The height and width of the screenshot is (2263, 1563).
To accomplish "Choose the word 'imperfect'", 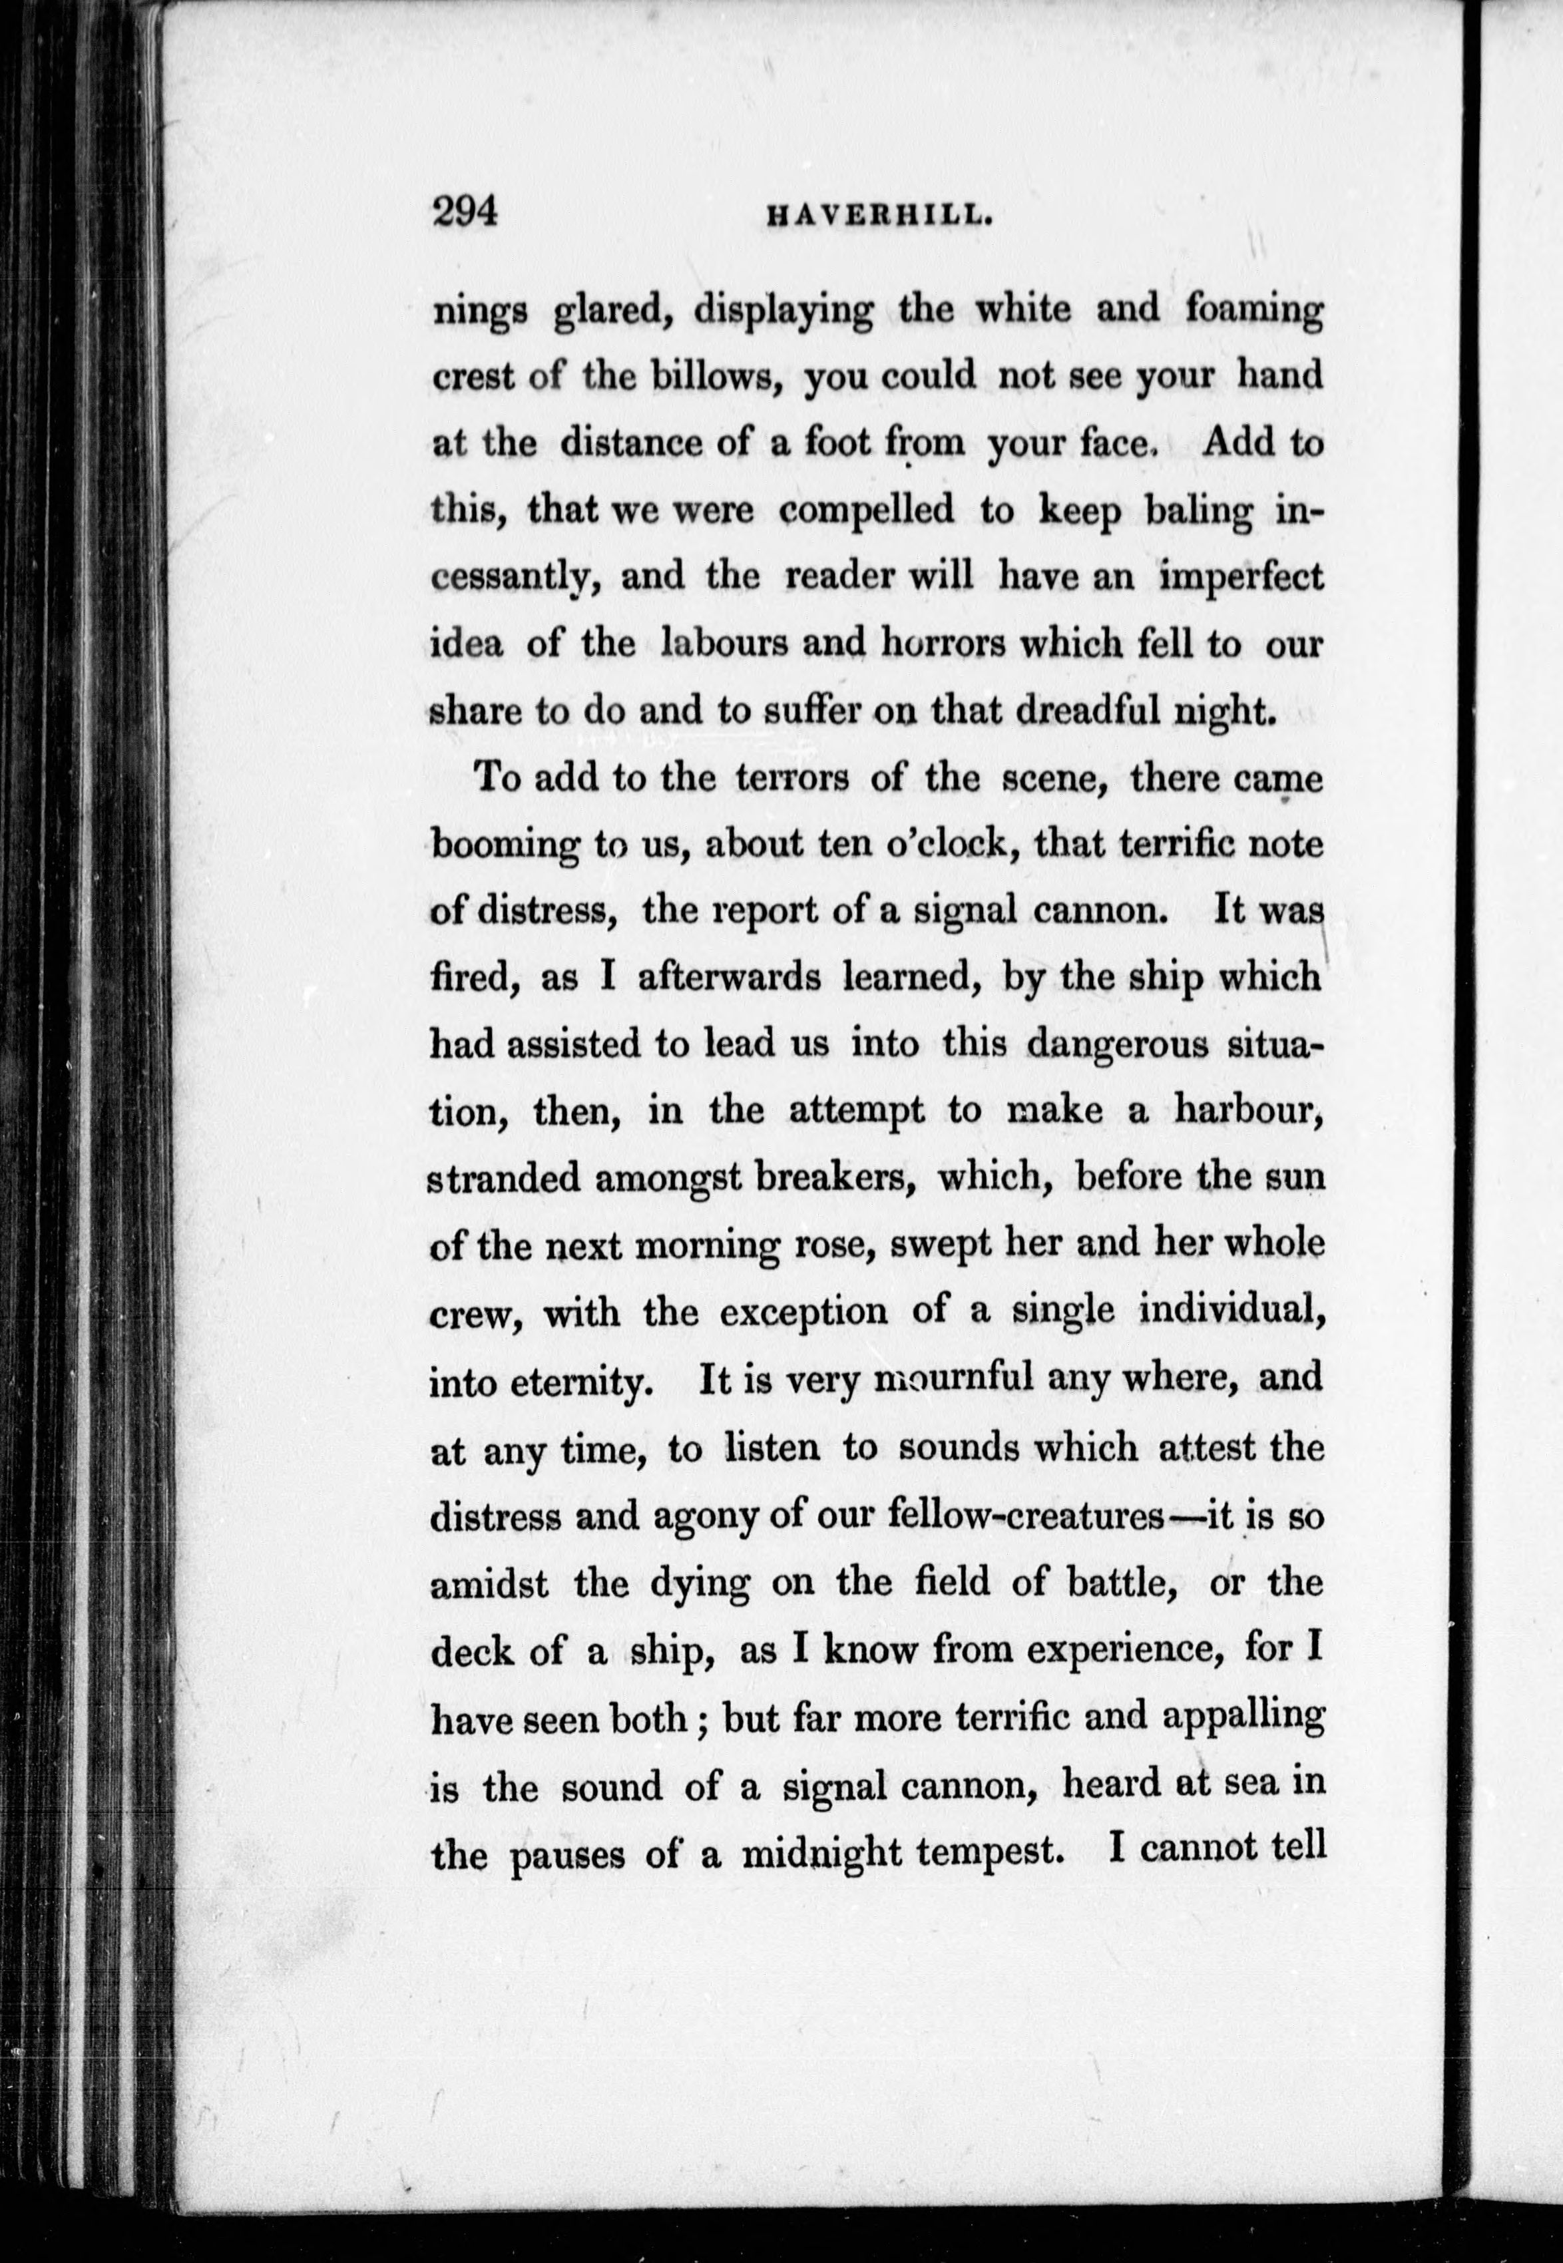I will coord(1241,578).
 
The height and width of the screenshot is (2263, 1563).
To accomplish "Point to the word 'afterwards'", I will coord(729,978).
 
